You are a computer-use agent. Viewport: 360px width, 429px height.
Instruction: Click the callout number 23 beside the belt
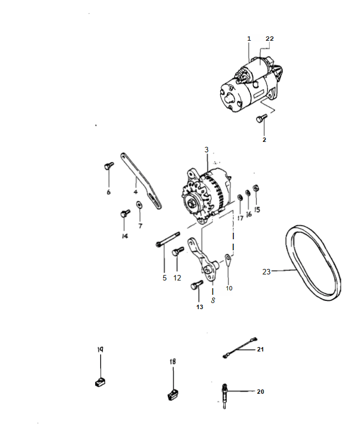pos(266,272)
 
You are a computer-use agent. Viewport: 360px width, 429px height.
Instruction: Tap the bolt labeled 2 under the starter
pos(261,119)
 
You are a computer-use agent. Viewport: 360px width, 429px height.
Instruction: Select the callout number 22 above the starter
pos(269,38)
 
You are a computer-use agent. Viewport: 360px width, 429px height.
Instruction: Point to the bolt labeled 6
pos(109,166)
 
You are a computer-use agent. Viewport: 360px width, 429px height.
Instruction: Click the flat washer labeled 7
pos(139,205)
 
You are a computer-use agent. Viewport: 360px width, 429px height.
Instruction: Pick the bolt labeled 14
pos(125,213)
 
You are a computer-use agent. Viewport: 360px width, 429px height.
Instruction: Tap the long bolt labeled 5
pos(167,239)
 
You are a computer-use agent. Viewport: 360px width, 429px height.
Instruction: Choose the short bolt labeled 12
pos(178,251)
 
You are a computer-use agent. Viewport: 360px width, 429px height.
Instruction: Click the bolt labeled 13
pos(197,285)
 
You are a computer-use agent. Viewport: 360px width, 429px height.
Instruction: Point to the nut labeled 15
pos(257,188)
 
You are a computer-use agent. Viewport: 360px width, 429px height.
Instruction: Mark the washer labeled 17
pos(240,197)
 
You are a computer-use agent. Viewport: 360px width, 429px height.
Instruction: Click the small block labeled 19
pos(101,381)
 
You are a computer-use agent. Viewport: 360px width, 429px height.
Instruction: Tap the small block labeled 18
pos(173,394)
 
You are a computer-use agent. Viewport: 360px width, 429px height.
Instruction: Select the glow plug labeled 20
pos(225,395)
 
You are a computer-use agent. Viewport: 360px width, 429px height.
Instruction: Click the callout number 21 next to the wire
pos(260,349)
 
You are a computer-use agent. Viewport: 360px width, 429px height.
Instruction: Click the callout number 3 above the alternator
pos(206,150)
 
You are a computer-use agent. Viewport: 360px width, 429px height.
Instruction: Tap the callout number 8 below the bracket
pos(213,300)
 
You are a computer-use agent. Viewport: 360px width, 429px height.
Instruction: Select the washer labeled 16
pos(248,193)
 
